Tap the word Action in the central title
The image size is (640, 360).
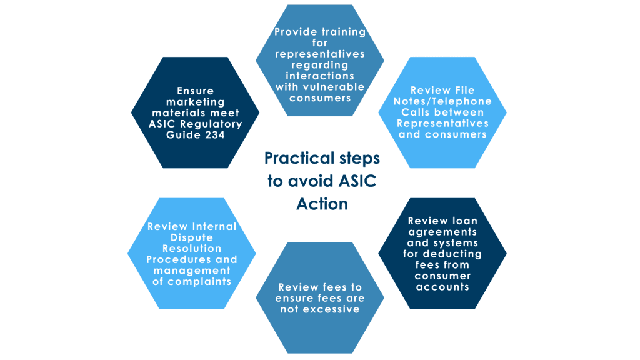point(322,204)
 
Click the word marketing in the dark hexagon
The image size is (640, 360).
point(195,102)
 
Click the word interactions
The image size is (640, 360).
point(320,76)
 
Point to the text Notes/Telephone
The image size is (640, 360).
point(442,101)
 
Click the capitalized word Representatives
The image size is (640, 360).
point(442,123)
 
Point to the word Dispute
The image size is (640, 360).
point(192,237)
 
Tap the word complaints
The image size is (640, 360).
point(192,281)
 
